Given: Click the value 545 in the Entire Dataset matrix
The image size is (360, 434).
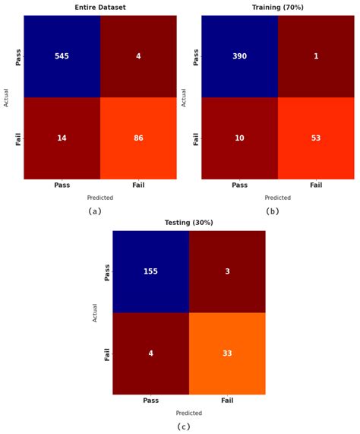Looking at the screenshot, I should click(62, 57).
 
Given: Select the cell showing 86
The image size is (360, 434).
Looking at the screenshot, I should click(138, 139).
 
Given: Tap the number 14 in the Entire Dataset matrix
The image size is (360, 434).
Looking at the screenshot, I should click(62, 139).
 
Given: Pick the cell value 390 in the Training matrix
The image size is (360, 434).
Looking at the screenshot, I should click(239, 57).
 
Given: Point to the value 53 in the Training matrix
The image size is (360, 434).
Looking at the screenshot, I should click(316, 139).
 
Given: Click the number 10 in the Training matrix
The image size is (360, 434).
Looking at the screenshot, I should click(239, 139).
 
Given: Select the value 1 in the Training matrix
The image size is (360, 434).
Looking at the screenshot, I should click(316, 57).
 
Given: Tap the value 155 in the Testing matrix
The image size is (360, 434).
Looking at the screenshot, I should click(150, 271).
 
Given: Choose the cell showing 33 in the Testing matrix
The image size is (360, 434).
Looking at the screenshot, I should click(227, 353).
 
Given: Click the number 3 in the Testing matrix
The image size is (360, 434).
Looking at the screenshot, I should click(227, 271).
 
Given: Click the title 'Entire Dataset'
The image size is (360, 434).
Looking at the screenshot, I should click(100, 7).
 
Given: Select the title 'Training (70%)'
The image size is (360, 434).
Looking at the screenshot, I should click(278, 7).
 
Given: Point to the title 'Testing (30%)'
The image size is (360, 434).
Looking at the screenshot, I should click(189, 223).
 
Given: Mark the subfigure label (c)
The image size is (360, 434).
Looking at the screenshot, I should click(183, 426).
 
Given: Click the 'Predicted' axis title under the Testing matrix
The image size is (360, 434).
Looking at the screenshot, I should click(189, 413).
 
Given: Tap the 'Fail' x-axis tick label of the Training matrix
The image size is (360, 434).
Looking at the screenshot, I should click(316, 185).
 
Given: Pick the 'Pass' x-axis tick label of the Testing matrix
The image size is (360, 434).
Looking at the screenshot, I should click(150, 401).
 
